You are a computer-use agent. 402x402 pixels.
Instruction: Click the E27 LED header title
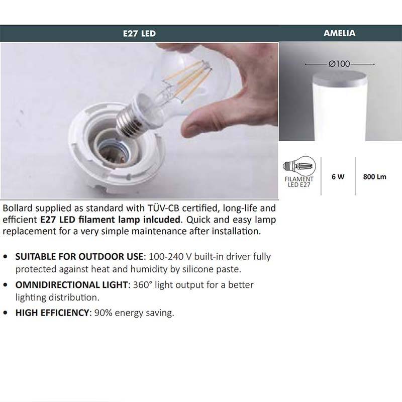[139, 34]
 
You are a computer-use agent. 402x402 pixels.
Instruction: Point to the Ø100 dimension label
[339, 64]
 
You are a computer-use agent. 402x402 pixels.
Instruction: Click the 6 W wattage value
[338, 177]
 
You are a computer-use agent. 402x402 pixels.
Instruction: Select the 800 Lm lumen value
[374, 177]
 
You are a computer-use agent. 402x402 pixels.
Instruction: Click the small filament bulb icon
[300, 166]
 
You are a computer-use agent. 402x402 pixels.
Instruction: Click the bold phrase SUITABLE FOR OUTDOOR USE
[80, 256]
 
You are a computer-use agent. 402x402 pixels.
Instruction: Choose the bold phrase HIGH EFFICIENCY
[52, 313]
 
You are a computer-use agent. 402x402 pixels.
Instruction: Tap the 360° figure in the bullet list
[143, 284]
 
